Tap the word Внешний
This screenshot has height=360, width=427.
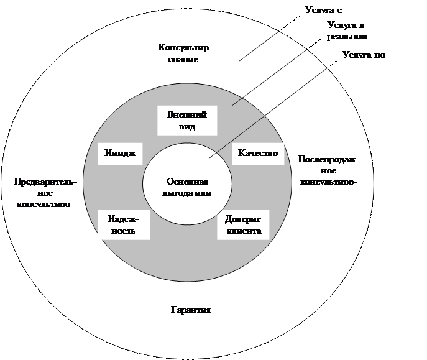pos(186,115)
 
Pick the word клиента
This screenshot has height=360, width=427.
pos(244,231)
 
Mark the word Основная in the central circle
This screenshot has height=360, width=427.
pos(187,182)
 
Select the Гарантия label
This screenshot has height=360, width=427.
pos(191,310)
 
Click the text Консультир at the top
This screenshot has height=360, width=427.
pos(183,48)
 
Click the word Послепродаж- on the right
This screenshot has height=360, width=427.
pos(328,159)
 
